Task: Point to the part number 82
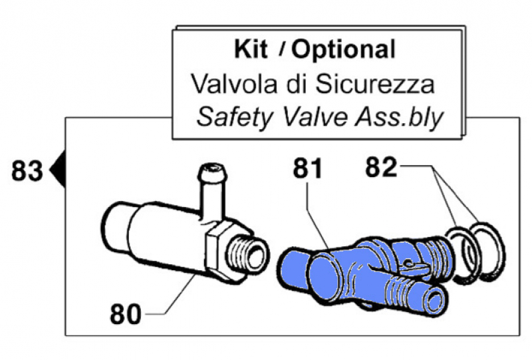(381, 168)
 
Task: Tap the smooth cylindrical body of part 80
(153, 233)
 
